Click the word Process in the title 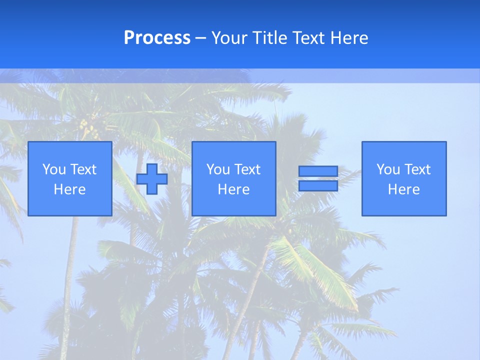tap(157, 38)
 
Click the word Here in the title tap(349, 38)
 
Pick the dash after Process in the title tap(201, 38)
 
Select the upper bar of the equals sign tap(318, 171)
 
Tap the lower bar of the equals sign tap(318, 185)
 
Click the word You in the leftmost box tap(54, 169)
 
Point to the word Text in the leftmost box tap(83, 169)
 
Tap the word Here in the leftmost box tap(70, 189)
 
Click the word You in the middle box tap(218, 169)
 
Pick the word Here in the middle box tap(234, 189)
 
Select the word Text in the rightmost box tap(417, 169)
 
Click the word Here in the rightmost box tap(404, 189)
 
